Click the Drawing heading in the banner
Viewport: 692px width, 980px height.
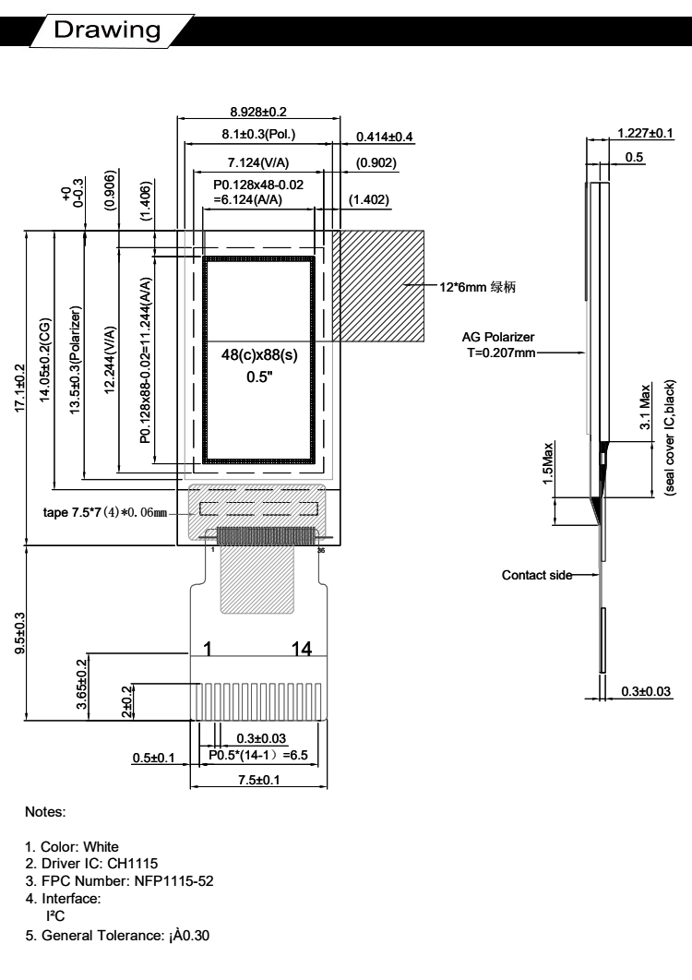click(x=107, y=30)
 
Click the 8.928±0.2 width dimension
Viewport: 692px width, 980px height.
click(x=258, y=112)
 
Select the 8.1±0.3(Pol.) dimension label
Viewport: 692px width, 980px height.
click(x=258, y=135)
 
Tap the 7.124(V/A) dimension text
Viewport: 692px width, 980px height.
click(x=258, y=163)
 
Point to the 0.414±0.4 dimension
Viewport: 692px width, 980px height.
click(x=385, y=137)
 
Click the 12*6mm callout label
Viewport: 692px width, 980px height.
click(x=478, y=287)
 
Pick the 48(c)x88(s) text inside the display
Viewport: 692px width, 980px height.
click(x=259, y=355)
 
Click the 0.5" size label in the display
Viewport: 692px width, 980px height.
click(x=259, y=376)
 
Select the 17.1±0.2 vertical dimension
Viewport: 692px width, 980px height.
click(x=19, y=388)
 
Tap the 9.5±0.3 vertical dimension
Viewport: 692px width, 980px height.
click(x=19, y=633)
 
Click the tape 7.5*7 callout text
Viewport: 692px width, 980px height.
click(x=105, y=512)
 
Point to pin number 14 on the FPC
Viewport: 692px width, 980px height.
click(x=302, y=649)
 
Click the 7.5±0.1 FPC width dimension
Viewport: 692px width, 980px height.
click(x=258, y=780)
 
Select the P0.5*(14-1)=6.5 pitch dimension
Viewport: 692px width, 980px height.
click(x=258, y=755)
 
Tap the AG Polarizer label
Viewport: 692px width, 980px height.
click(x=498, y=337)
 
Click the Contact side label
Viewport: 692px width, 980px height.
click(x=537, y=575)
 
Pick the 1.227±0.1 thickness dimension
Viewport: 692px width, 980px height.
click(x=645, y=133)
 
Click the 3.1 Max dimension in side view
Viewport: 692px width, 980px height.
click(x=645, y=406)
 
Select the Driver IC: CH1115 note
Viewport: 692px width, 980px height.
click(x=91, y=864)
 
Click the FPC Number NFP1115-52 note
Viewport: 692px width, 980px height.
click(x=119, y=881)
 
